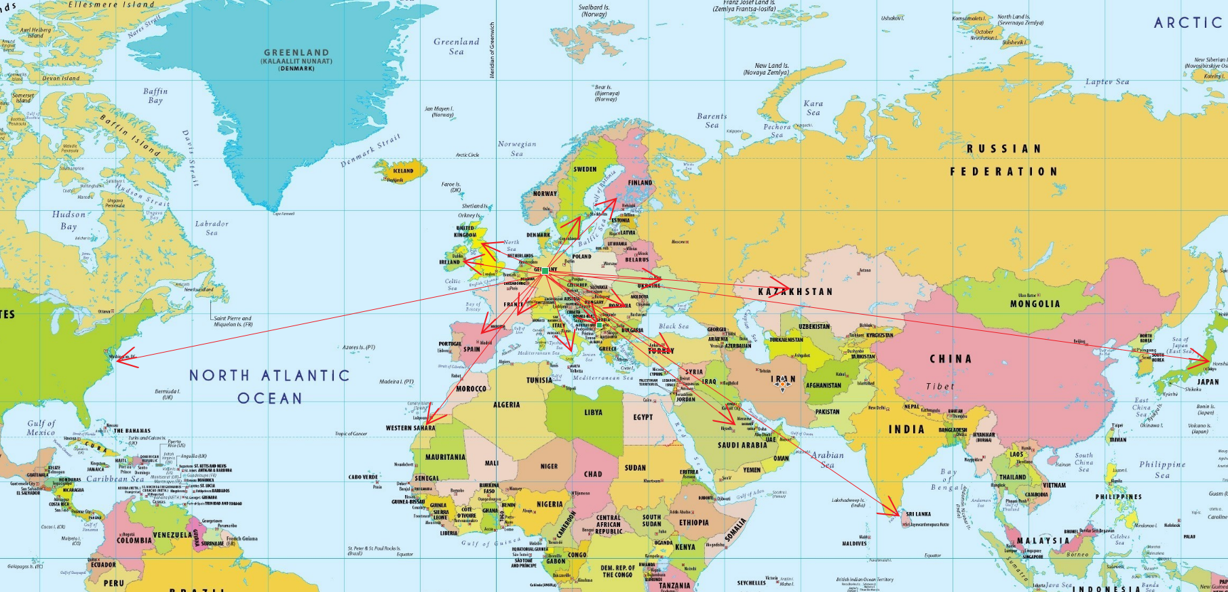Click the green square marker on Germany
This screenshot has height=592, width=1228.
click(545, 271)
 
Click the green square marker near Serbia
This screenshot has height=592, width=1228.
click(600, 325)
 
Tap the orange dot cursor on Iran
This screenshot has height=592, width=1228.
click(782, 384)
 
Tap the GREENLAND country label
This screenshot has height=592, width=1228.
click(296, 53)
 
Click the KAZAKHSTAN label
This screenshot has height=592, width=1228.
click(794, 292)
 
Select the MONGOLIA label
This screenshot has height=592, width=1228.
click(1035, 304)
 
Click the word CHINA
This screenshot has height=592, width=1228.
click(951, 359)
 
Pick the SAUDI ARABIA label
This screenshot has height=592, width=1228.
click(742, 446)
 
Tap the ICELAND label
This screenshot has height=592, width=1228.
click(403, 171)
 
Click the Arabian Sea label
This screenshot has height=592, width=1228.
click(828, 460)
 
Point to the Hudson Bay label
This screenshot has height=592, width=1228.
click(69, 220)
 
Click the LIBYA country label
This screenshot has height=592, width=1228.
click(593, 412)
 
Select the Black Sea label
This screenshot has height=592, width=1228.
click(673, 326)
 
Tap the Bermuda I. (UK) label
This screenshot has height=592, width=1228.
click(167, 394)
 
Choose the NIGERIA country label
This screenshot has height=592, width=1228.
click(550, 505)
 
